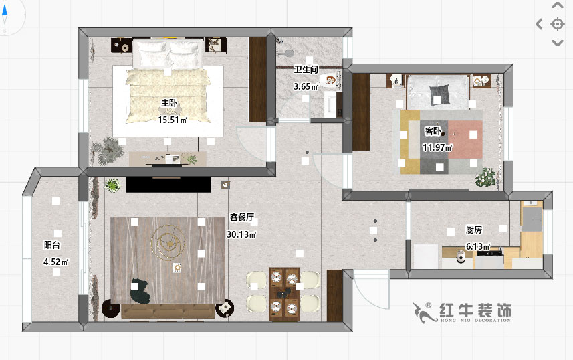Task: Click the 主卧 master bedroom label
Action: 168,103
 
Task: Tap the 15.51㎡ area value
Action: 172,120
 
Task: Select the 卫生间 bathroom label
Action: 306,69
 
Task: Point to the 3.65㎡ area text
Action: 306,86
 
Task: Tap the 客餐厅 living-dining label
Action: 241,217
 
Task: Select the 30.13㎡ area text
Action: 241,235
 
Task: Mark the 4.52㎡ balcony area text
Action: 55,262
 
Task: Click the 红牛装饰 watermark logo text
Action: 476,310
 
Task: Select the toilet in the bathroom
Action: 328,82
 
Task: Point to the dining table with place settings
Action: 283,292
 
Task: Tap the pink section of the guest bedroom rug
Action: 464,139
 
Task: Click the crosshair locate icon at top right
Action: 557,25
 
